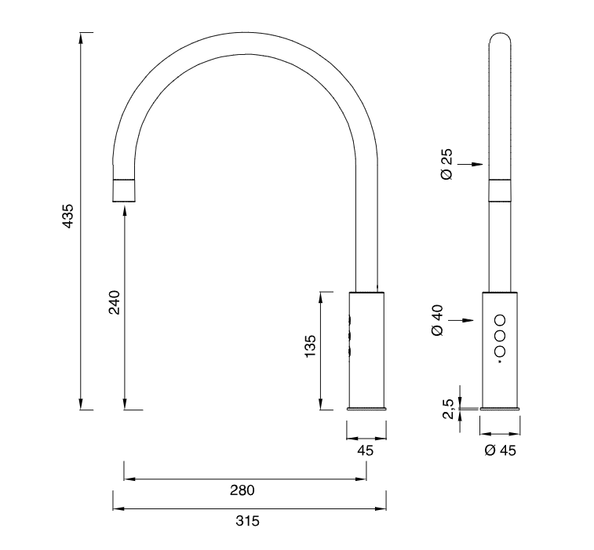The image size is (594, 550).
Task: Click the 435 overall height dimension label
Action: click(x=67, y=217)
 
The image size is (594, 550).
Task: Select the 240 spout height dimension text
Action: click(x=114, y=302)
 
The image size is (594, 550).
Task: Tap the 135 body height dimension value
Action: click(x=310, y=346)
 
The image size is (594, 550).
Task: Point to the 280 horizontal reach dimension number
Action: click(x=242, y=490)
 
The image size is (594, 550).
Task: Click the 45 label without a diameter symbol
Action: click(x=365, y=450)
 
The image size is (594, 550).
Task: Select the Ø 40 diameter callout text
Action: click(x=438, y=320)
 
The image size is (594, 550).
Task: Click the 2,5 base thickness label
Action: click(x=447, y=408)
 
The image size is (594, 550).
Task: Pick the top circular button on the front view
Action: click(x=500, y=319)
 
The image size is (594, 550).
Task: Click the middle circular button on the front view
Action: click(x=500, y=335)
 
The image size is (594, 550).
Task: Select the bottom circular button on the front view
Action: click(x=500, y=351)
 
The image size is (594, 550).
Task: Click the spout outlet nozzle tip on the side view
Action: click(x=125, y=191)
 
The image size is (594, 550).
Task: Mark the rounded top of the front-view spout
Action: click(x=501, y=38)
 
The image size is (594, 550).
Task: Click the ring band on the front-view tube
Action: click(x=501, y=190)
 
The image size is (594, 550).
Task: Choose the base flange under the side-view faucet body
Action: click(x=367, y=408)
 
